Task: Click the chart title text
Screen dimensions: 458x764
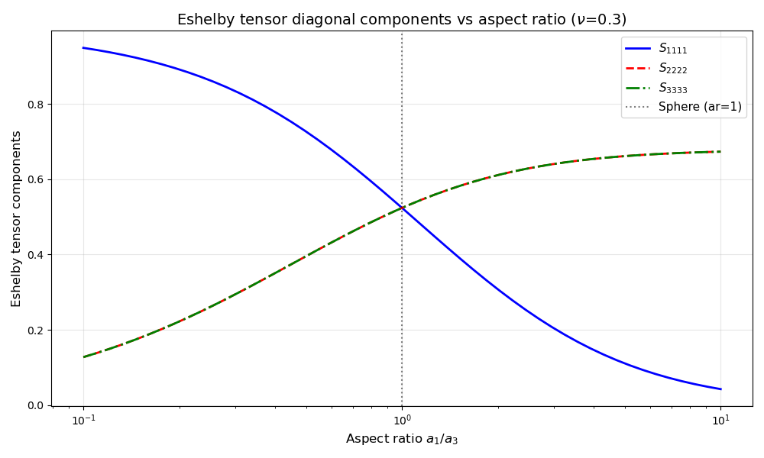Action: click(402, 20)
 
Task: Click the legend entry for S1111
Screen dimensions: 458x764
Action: click(672, 49)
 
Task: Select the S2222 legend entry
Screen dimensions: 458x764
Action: click(672, 68)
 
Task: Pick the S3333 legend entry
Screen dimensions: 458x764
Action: click(672, 88)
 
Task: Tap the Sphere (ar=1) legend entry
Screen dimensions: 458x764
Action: click(700, 107)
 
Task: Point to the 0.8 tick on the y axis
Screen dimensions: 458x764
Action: click(37, 105)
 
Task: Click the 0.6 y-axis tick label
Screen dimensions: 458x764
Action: click(37, 180)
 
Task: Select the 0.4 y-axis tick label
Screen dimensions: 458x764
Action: click(37, 255)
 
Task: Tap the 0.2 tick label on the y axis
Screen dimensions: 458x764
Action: click(37, 331)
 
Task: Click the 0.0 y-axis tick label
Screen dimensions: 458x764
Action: click(37, 405)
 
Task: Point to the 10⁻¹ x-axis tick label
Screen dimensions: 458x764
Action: click(83, 421)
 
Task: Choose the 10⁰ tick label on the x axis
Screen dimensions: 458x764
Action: click(402, 421)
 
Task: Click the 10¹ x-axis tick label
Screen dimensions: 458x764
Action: click(720, 421)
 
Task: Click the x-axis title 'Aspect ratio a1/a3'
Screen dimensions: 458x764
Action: click(402, 439)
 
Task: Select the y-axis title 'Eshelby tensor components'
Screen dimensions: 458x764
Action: click(17, 218)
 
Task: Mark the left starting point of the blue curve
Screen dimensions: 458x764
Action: click(83, 48)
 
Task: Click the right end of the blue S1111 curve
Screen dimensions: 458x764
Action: click(720, 389)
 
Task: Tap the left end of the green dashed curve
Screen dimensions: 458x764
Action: click(83, 356)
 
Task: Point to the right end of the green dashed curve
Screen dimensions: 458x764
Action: click(720, 151)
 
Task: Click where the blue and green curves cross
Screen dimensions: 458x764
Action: click(402, 208)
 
